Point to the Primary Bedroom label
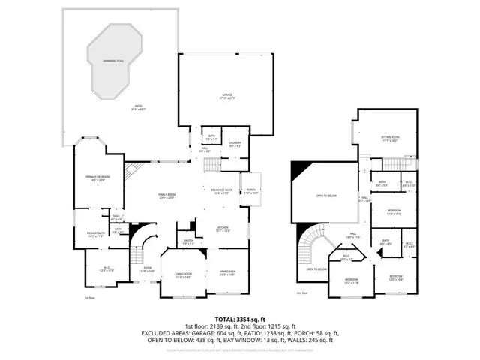coord(98,178)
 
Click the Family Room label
coord(166,196)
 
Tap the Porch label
coord(250,191)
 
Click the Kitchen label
coord(223,229)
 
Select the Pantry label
coord(188,242)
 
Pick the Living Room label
coord(184,275)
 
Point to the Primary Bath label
coord(96,235)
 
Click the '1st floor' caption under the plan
coord(90,297)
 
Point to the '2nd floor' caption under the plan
coord(301,292)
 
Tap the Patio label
coord(137,106)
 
